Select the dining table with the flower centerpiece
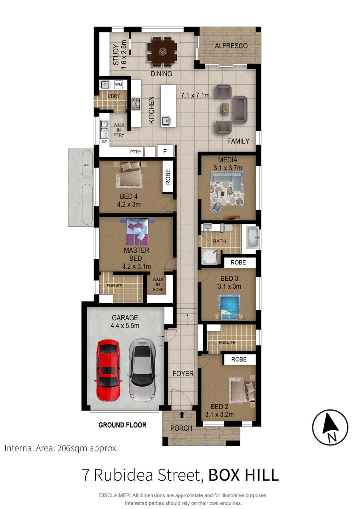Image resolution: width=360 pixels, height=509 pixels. tap(162, 52)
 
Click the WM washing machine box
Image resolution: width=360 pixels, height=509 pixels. tap(118, 84)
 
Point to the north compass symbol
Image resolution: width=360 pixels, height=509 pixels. tap(330, 427)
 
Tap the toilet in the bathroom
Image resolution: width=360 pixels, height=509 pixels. tap(226, 228)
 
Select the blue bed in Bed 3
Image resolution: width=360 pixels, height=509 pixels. tap(229, 307)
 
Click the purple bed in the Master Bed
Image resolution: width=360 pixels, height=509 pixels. tap(137, 232)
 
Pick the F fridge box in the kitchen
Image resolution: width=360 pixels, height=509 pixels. tap(165, 151)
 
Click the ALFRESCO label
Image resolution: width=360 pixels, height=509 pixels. tap(231, 46)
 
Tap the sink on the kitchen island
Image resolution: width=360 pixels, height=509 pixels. tap(166, 121)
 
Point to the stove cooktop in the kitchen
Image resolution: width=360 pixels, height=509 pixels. tap(136, 104)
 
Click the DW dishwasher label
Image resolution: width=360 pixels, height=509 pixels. tap(104, 142)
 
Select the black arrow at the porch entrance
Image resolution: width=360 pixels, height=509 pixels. tap(182, 415)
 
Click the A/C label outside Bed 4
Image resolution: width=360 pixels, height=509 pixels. tap(86, 165)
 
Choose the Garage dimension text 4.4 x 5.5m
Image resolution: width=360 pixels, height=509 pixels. tap(125, 325)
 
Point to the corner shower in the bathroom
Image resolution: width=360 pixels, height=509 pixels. tap(210, 257)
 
